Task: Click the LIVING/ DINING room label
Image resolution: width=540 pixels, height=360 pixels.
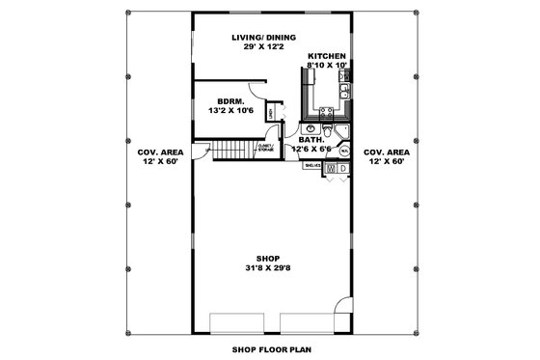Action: (x=256, y=38)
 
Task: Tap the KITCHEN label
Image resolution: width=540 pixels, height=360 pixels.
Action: (x=326, y=56)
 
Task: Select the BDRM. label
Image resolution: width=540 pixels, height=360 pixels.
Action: (x=229, y=100)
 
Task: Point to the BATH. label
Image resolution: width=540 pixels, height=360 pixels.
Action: (x=311, y=140)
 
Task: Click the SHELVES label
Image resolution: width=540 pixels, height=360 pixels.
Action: (x=313, y=165)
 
